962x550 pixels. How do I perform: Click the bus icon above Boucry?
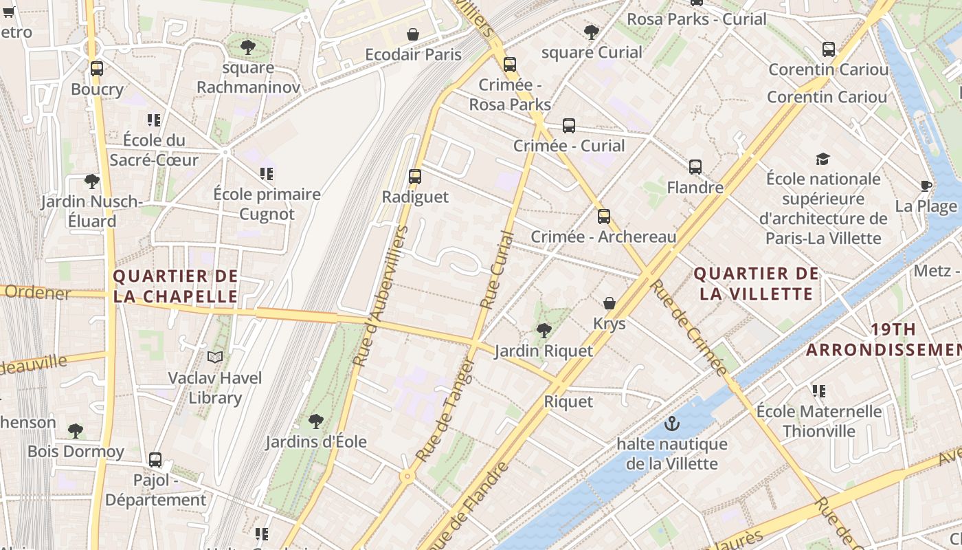click(96, 69)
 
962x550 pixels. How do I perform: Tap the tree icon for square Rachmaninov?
click(248, 47)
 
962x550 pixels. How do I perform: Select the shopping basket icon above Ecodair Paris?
click(413, 34)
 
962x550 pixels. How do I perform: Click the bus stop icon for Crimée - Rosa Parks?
click(509, 65)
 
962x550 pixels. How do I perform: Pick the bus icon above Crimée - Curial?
click(569, 125)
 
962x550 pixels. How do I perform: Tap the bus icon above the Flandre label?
click(695, 166)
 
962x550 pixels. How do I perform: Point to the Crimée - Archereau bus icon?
click(603, 217)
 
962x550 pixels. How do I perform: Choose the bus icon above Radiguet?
click(415, 176)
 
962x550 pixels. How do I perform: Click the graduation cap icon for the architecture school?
click(823, 159)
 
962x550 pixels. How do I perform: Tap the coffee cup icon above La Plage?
click(926, 186)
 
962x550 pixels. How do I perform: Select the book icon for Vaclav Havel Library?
click(215, 357)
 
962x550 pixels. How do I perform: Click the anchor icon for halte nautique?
click(672, 423)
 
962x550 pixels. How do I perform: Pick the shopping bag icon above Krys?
click(609, 303)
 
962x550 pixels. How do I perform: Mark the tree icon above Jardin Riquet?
click(544, 331)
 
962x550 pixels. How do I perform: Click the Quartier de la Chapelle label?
click(175, 287)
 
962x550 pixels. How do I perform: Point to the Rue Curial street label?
click(497, 269)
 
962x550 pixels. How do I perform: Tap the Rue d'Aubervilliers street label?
click(381, 296)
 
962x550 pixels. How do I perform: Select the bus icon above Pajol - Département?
click(155, 459)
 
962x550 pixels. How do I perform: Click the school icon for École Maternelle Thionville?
click(818, 391)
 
